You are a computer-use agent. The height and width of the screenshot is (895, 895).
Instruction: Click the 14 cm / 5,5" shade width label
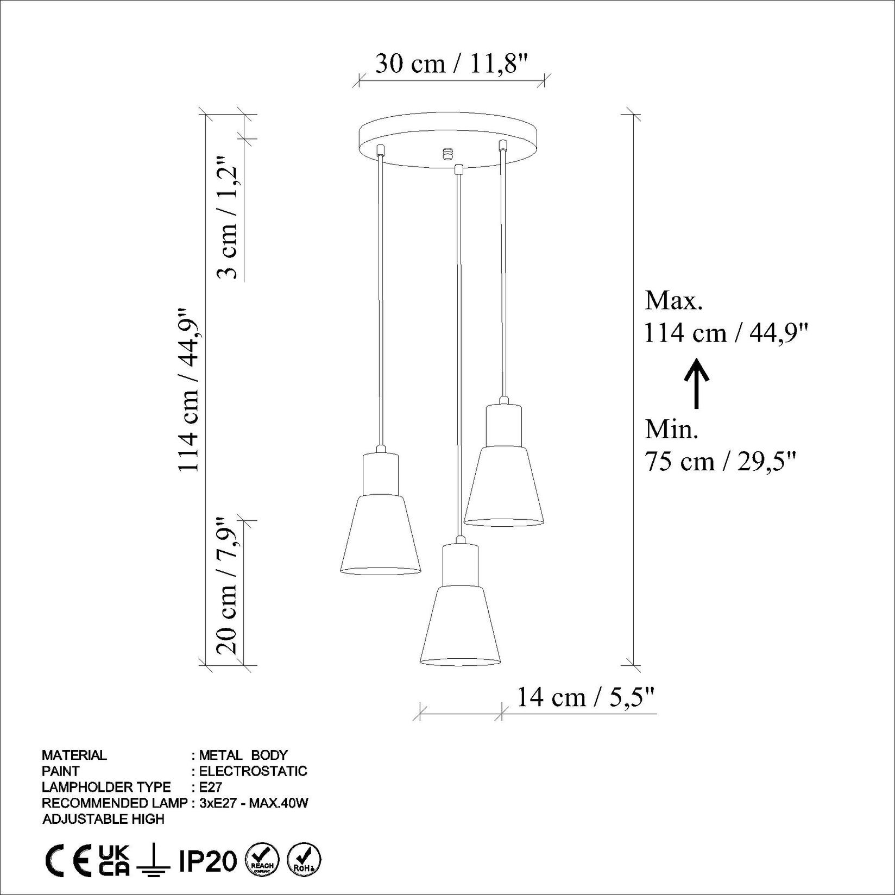click(x=585, y=697)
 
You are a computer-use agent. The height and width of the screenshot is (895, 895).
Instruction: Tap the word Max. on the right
click(x=673, y=300)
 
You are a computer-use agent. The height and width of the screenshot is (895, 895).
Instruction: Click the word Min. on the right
click(x=671, y=430)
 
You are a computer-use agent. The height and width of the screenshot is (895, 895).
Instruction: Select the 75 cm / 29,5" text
click(x=720, y=462)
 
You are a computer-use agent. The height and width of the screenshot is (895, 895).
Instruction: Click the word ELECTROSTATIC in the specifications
click(x=253, y=771)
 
